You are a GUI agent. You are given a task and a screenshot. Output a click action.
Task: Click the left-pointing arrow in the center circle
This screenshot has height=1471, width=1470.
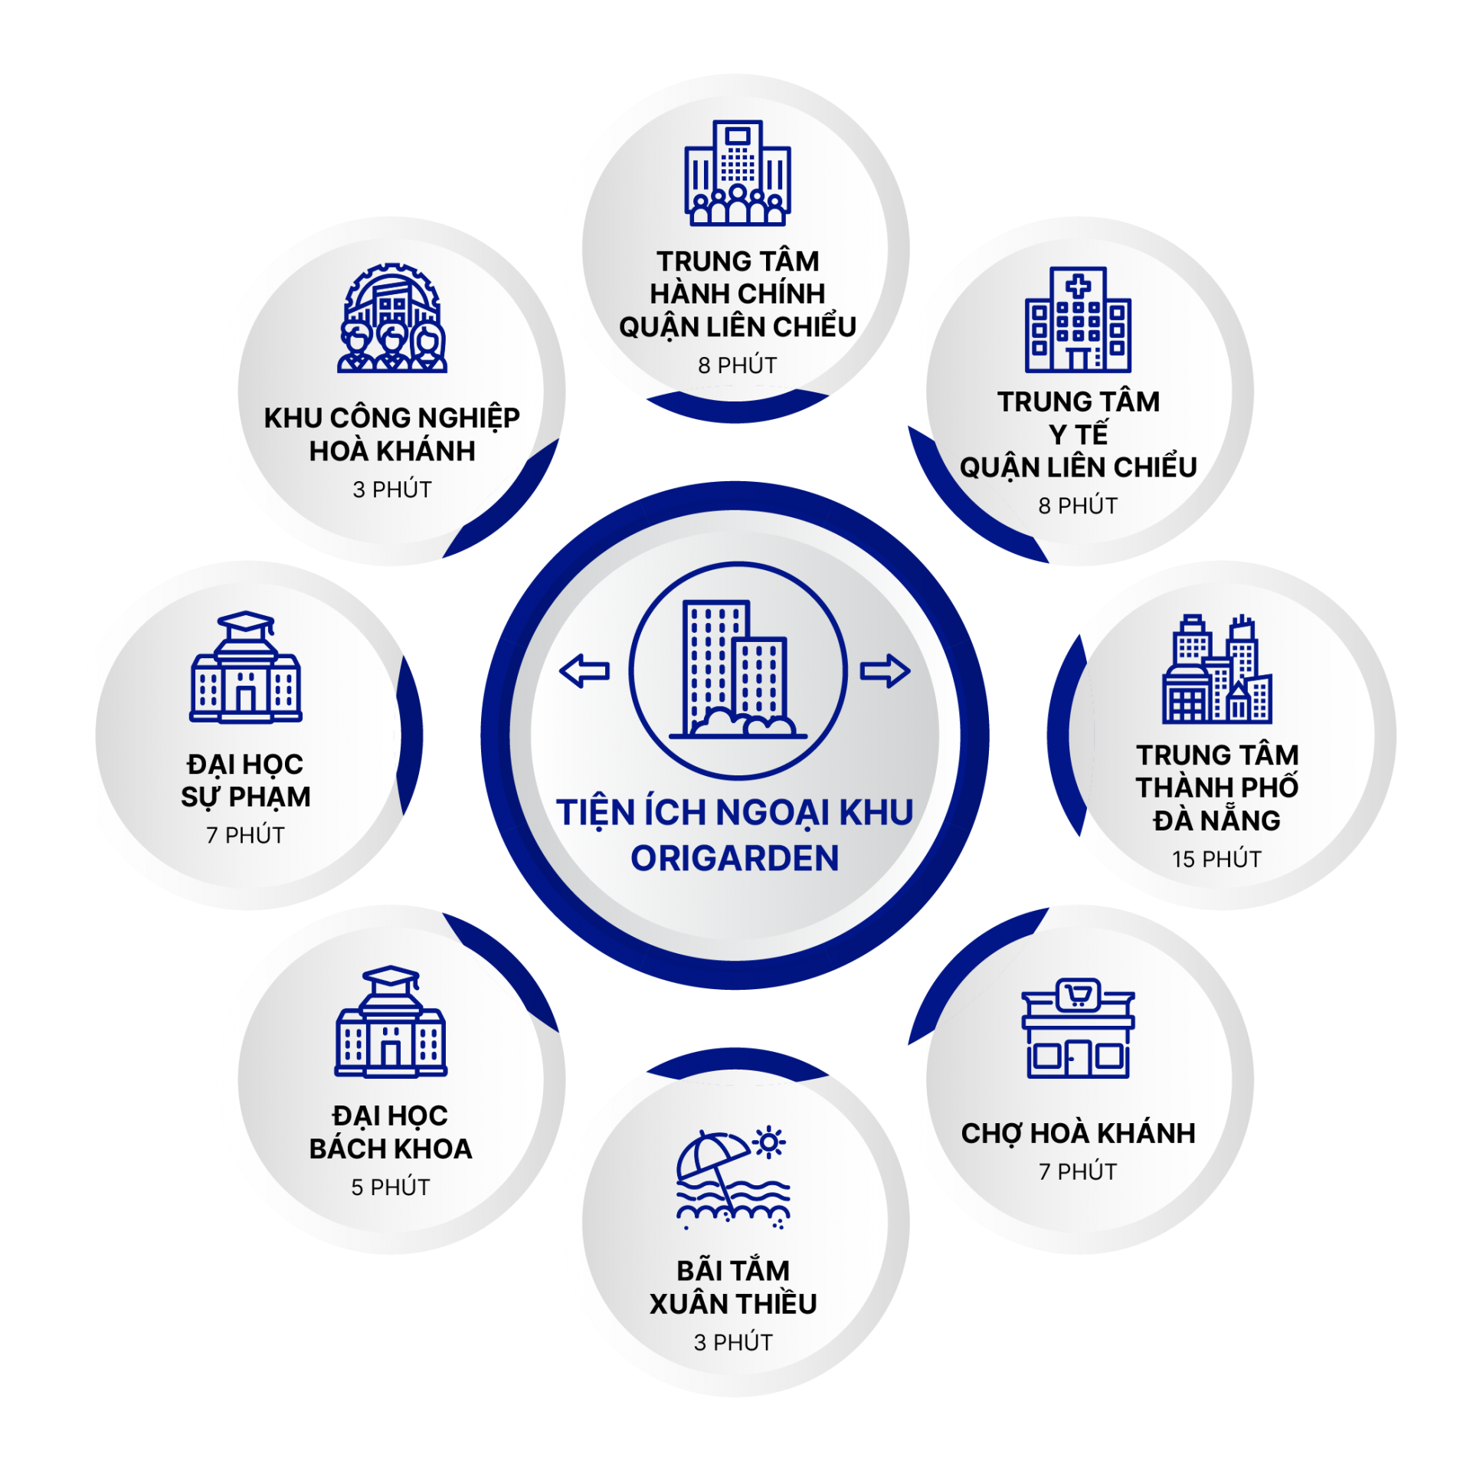584,671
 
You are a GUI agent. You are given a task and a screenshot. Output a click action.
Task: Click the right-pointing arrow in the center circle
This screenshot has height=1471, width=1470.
885,671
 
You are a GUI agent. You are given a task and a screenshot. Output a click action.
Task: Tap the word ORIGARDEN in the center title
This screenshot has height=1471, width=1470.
735,858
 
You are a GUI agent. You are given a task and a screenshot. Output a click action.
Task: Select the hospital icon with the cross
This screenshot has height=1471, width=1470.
1078,319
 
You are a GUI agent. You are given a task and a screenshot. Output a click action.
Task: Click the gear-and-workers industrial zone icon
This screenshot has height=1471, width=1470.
392,318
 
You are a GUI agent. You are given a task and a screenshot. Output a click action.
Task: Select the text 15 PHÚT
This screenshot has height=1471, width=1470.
1216,859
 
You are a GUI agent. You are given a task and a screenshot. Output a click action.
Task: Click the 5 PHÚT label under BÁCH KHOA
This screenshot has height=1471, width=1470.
391,1187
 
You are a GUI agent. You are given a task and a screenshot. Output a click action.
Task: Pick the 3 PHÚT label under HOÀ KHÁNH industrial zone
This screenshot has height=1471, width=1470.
392,490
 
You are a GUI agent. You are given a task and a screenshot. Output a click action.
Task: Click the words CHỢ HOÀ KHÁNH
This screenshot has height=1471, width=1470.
1078,1133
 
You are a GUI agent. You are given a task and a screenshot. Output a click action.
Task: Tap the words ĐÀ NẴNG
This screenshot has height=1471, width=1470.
1216,820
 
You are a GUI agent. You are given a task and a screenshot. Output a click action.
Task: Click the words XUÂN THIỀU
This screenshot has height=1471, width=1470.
733,1303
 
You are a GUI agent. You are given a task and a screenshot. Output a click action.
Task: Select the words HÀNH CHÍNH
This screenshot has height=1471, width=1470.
738,293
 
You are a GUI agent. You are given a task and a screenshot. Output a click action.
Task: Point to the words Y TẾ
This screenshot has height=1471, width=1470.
1078,434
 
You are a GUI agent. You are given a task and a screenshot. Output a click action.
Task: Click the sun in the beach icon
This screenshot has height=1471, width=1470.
769,1143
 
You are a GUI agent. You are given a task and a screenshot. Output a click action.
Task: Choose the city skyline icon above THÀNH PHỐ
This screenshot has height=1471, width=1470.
1217,669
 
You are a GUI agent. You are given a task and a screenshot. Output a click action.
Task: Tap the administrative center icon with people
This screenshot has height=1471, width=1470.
738,172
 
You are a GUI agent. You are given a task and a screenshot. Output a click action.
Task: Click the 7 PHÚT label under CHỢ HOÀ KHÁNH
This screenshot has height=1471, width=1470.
1078,1171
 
